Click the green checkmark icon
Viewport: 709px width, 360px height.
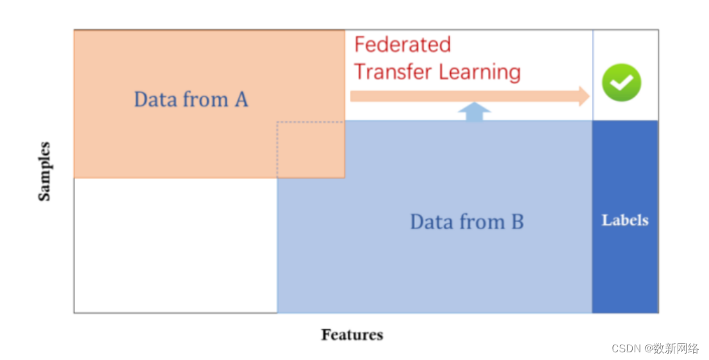tap(621, 83)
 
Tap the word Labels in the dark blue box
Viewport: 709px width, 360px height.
tap(625, 220)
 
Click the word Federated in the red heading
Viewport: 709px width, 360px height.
tap(402, 45)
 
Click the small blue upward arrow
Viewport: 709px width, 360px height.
tap(475, 111)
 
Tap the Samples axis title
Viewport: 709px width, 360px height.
tap(44, 171)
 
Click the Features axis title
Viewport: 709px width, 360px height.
tap(352, 334)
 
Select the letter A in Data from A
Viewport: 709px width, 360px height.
tap(241, 100)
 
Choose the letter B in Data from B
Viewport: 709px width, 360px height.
tap(517, 222)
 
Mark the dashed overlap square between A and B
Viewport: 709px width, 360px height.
tap(311, 149)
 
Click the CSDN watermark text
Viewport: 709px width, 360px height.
tap(627, 348)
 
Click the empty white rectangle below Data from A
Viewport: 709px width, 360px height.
tap(175, 245)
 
